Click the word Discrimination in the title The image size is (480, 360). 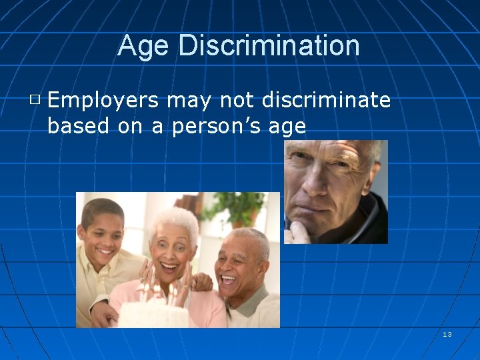tap(269, 46)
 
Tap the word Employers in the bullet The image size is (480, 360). tap(103, 101)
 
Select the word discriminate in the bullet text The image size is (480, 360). tap(326, 100)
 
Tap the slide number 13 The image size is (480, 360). tap(447, 334)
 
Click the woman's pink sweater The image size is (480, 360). tap(203, 307)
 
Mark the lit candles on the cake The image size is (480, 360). tap(158, 291)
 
